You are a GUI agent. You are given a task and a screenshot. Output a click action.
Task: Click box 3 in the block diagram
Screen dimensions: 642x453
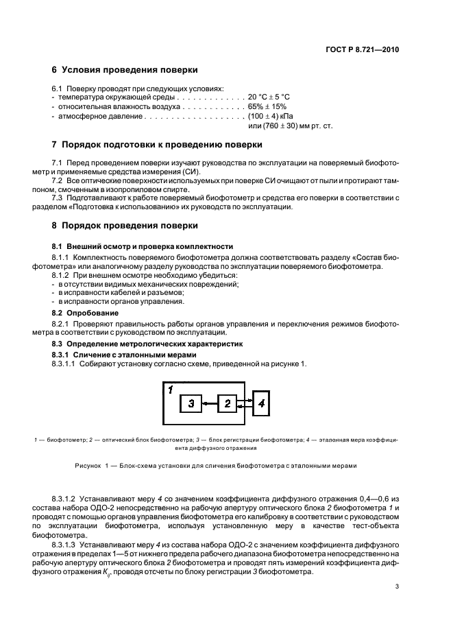[x=191, y=404]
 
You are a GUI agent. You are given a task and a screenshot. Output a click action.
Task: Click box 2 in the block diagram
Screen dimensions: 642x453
[x=227, y=404]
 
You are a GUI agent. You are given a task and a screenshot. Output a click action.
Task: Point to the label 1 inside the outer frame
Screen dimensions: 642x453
[x=169, y=390]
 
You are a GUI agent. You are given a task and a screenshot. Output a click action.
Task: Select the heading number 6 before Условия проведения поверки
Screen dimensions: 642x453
[x=55, y=70]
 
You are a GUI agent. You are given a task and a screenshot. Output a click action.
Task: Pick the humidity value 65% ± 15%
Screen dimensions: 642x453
[x=268, y=107]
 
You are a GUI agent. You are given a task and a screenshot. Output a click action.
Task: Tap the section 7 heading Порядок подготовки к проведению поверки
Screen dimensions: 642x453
[x=156, y=145]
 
